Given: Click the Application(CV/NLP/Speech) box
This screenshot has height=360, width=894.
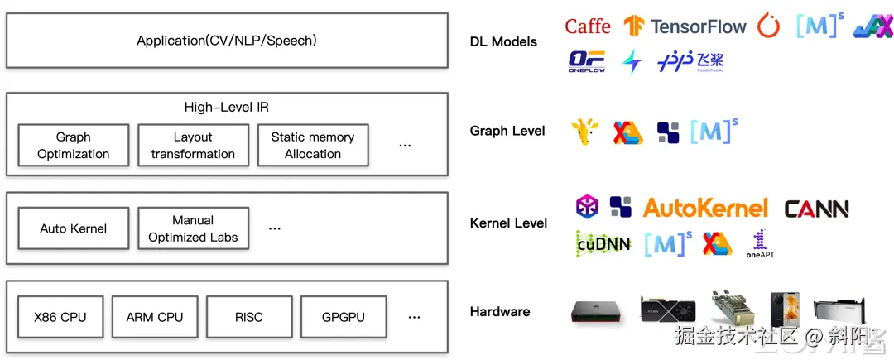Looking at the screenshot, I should [x=227, y=40].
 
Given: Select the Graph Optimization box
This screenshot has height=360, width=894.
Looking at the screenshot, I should [x=74, y=146].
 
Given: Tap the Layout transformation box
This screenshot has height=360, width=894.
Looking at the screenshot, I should [x=193, y=146].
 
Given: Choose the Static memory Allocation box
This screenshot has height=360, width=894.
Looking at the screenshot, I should [x=313, y=146].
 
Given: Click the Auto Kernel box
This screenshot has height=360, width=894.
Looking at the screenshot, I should [x=74, y=228].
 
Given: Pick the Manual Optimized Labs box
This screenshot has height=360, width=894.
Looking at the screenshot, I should [x=193, y=228].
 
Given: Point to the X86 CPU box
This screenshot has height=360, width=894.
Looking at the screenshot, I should [x=60, y=317].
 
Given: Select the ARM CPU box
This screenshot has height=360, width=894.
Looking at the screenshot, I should [x=155, y=317].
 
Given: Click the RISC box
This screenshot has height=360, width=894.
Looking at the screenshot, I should [x=249, y=317].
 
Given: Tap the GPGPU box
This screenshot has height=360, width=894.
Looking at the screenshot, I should [x=344, y=317].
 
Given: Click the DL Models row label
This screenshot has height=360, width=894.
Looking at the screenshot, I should [x=503, y=41].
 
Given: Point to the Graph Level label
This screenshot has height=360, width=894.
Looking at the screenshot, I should [x=507, y=131].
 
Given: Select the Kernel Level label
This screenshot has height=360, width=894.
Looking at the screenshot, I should [x=508, y=223].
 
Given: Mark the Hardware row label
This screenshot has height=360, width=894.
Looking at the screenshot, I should [x=500, y=312].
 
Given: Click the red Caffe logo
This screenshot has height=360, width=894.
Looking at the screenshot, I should [x=588, y=26].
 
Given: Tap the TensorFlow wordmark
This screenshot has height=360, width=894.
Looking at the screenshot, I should [x=698, y=26].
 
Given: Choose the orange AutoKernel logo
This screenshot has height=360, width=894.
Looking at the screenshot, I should [x=705, y=208].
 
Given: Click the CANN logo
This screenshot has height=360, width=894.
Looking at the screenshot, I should [x=816, y=209].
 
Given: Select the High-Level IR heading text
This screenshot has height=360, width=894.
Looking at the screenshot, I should [x=226, y=108].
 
